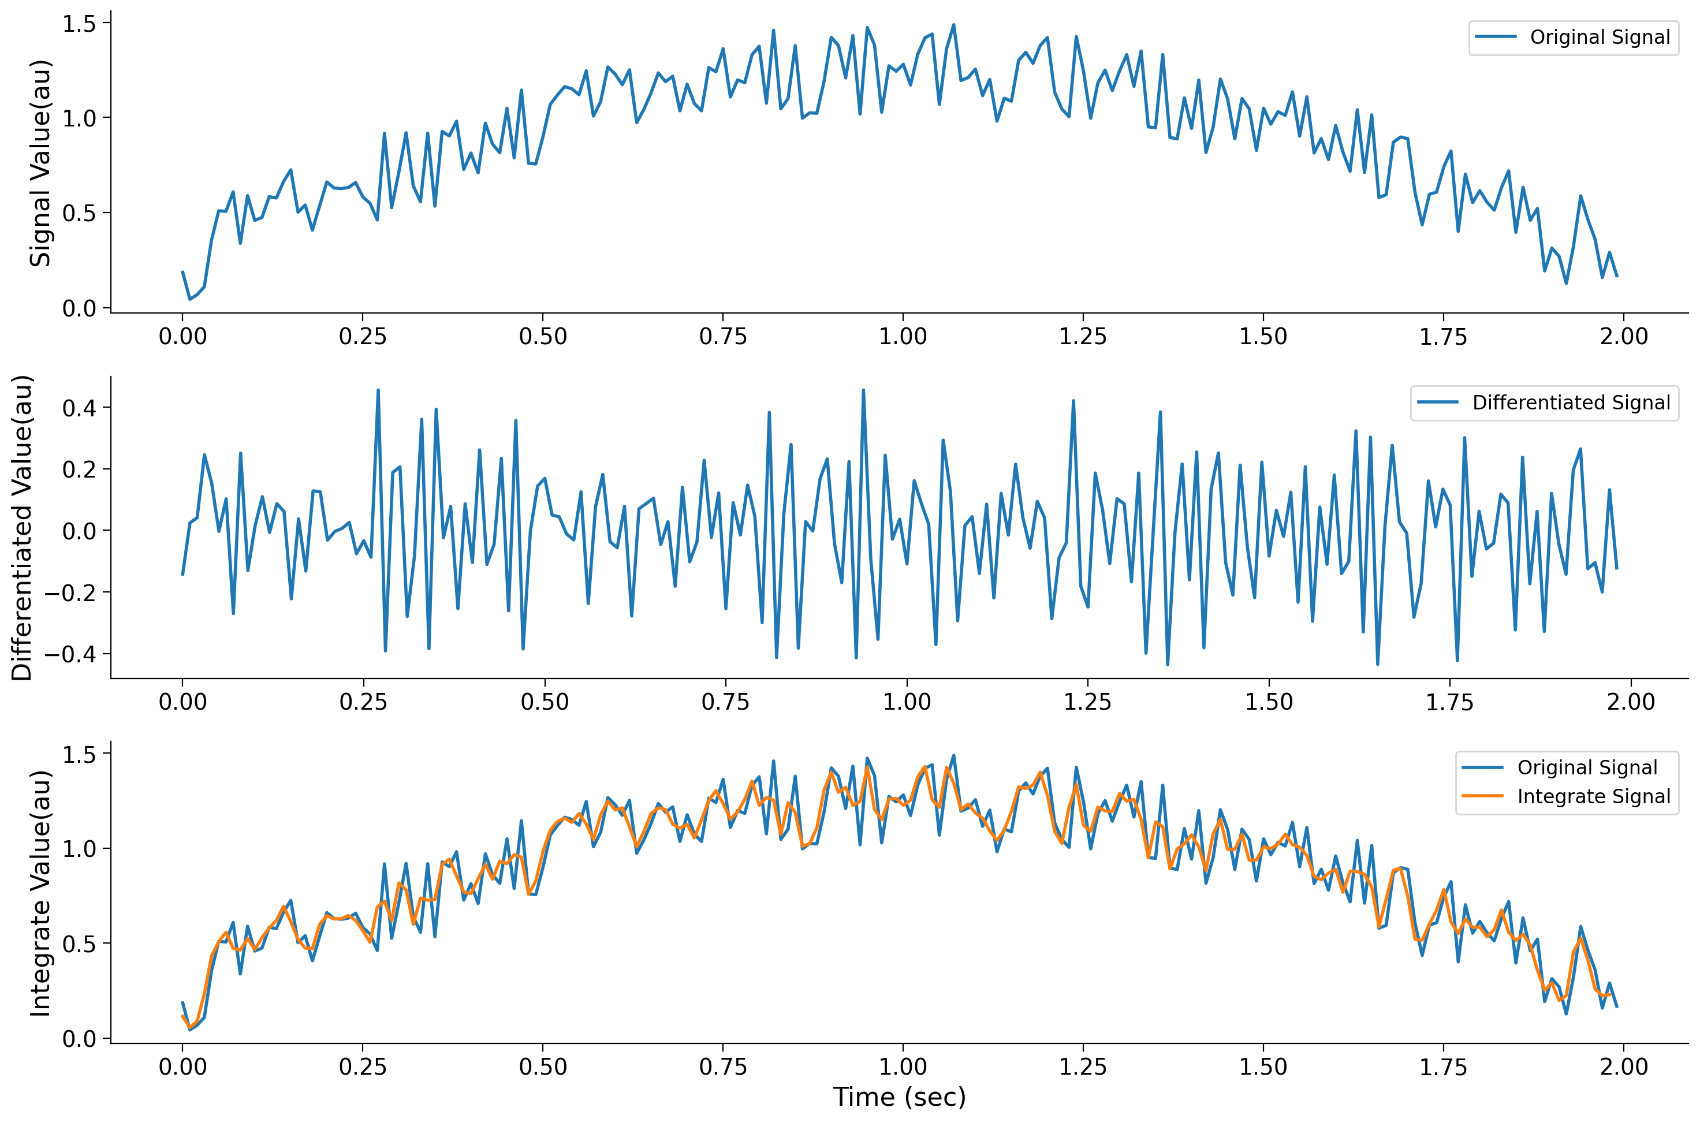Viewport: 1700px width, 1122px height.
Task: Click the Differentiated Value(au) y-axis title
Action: tap(21, 527)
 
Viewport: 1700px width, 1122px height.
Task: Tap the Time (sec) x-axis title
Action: tap(899, 1096)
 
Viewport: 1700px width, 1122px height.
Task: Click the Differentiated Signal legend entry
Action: tap(1571, 403)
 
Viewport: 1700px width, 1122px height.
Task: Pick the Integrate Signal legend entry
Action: tap(1593, 796)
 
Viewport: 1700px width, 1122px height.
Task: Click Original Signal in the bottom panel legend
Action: tap(1587, 768)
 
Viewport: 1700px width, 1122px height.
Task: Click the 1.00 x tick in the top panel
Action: tap(902, 336)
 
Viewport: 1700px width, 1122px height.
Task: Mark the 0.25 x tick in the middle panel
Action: tap(363, 702)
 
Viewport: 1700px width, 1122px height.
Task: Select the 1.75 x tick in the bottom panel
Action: tap(1442, 1067)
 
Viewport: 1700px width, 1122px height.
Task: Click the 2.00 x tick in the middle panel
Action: tap(1631, 702)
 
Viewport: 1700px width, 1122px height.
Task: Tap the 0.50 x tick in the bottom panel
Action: tap(542, 1067)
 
